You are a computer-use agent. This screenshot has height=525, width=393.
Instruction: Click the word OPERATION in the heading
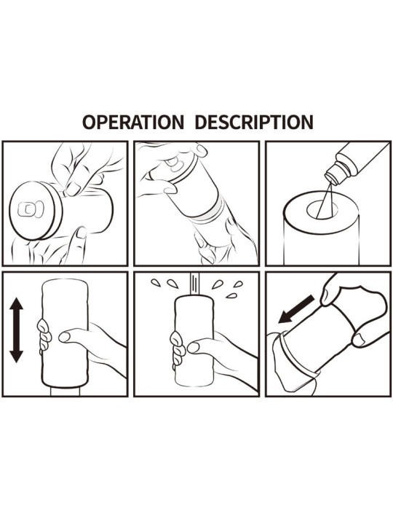133,122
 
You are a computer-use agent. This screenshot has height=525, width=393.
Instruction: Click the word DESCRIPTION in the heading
254,122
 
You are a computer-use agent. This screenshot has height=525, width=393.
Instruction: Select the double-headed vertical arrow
16,330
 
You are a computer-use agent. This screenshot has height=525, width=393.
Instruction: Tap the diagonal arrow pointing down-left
296,309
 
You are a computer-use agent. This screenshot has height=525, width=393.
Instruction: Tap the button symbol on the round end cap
31,209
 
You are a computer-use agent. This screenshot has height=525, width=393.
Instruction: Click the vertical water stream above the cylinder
194,284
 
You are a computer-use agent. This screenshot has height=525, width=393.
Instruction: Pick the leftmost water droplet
156,283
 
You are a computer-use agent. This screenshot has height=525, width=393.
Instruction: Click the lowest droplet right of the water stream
231,295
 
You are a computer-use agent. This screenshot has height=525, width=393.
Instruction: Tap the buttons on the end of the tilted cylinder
175,163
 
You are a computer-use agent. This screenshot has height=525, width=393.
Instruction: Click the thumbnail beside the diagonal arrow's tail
324,297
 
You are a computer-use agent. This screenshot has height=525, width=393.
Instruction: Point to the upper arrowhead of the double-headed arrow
16,303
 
